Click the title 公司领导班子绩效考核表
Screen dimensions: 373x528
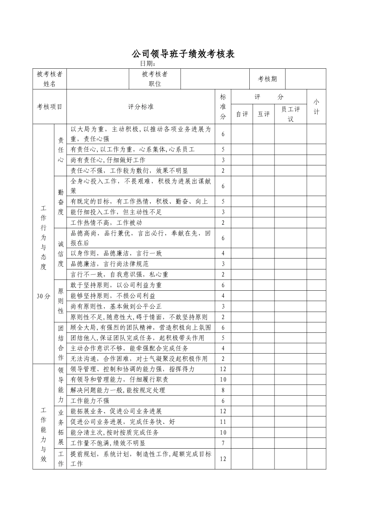pyautogui.click(x=183, y=54)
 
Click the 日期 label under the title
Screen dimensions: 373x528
pyautogui.click(x=148, y=64)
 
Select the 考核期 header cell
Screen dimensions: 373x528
pyautogui.click(x=267, y=79)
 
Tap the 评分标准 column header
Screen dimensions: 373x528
pyautogui.click(x=141, y=107)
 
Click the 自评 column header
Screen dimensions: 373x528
pyautogui.click(x=242, y=114)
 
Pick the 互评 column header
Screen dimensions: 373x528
pyautogui.click(x=263, y=114)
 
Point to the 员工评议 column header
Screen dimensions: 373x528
pyautogui.click(x=291, y=114)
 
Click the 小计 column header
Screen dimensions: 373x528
pyautogui.click(x=316, y=107)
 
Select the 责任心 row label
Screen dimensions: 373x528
pyautogui.click(x=60, y=150)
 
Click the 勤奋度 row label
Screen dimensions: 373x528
pyautogui.click(x=60, y=202)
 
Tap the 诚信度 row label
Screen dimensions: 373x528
pyautogui.click(x=60, y=253)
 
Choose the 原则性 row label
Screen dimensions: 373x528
pyautogui.click(x=60, y=301)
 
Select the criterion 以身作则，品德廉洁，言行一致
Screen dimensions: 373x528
pyautogui.click(x=116, y=253)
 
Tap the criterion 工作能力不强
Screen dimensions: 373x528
pyautogui.click(x=90, y=401)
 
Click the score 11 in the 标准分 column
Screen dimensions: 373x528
pyautogui.click(x=223, y=422)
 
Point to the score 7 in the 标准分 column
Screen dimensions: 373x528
pyautogui.click(x=223, y=443)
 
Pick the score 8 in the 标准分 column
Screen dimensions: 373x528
pyautogui.click(x=223, y=390)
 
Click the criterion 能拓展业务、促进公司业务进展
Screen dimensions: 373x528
pyautogui.click(x=116, y=411)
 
